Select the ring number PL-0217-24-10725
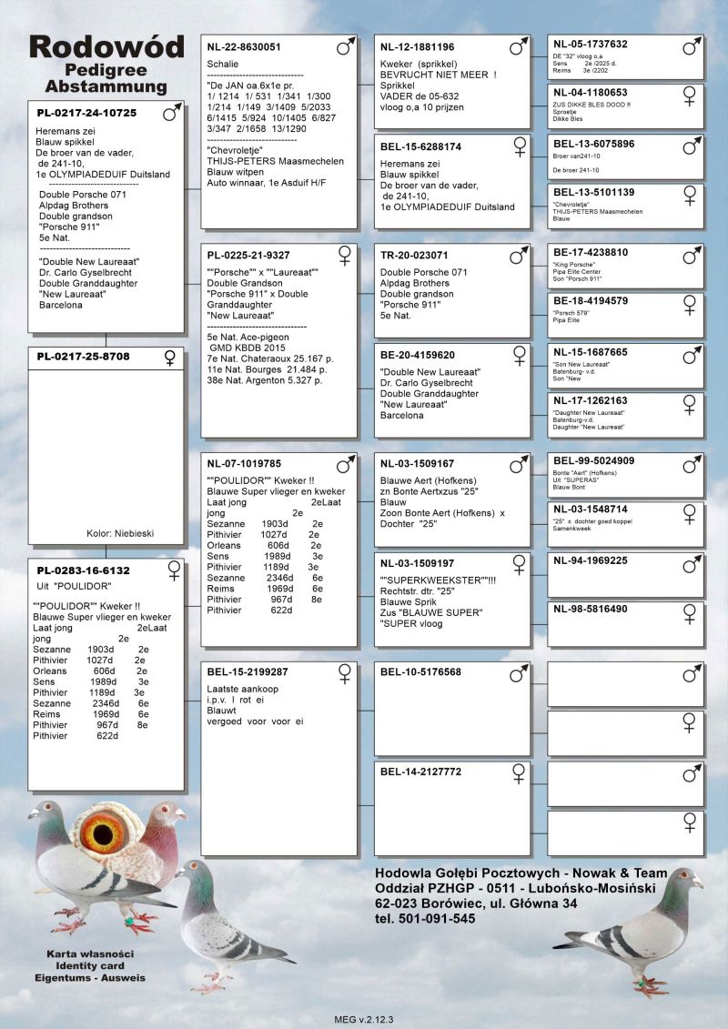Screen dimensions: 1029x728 pyautogui.click(x=86, y=114)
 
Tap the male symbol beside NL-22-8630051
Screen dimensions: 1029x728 pyautogui.click(x=344, y=46)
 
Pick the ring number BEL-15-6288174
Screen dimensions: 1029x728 pyautogui.click(x=420, y=146)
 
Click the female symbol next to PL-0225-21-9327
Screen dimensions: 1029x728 pyautogui.click(x=345, y=255)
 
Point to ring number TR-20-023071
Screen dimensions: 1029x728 pyautogui.click(x=414, y=256)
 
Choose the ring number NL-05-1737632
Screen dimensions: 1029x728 pyautogui.click(x=590, y=44)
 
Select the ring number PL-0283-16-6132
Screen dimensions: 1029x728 pyautogui.click(x=83, y=570)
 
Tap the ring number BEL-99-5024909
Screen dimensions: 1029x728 pyautogui.click(x=593, y=460)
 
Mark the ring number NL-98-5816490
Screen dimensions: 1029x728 pyautogui.click(x=591, y=609)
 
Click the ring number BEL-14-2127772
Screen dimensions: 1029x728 pyautogui.click(x=420, y=772)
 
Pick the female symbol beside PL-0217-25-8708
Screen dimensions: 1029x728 pyautogui.click(x=169, y=358)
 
